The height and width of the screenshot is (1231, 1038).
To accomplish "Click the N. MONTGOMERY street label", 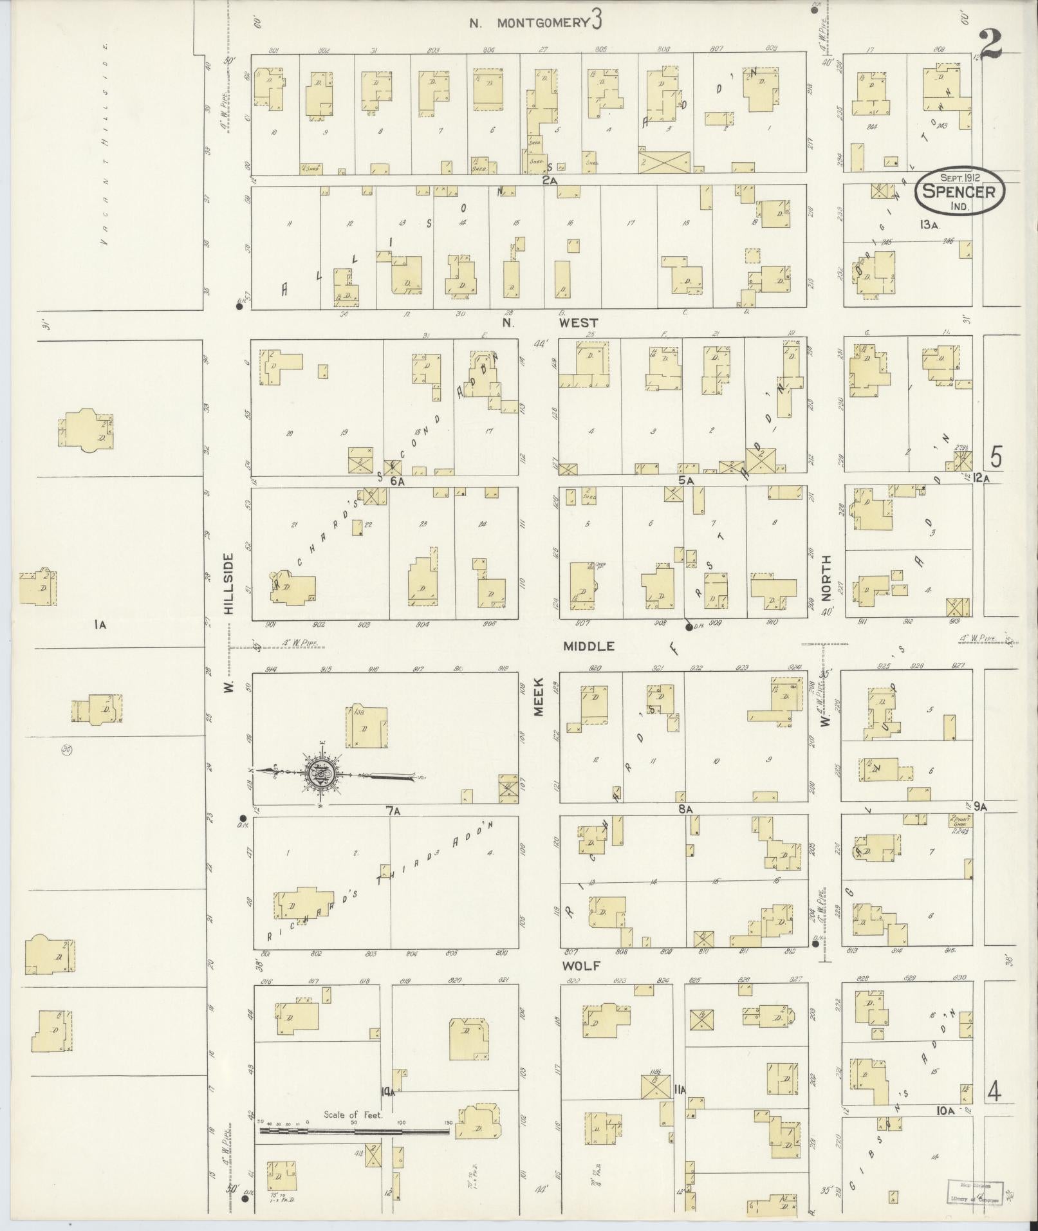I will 530,23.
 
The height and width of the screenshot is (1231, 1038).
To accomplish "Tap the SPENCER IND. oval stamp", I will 958,191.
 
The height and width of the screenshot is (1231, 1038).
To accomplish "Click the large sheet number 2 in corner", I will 992,44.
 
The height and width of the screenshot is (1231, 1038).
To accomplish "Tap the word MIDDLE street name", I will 589,646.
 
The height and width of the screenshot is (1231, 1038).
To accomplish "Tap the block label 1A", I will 98,624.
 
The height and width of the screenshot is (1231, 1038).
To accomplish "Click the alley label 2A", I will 549,181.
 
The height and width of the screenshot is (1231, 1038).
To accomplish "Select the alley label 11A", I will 680,1089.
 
